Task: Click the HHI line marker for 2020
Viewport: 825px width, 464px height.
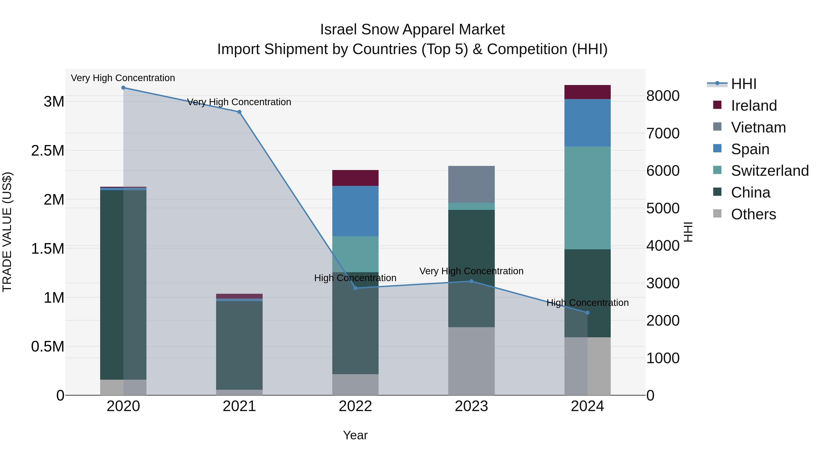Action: pyautogui.click(x=123, y=88)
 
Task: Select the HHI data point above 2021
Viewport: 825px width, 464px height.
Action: pyautogui.click(x=239, y=112)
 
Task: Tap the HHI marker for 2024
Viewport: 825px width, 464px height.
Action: pyautogui.click(x=587, y=313)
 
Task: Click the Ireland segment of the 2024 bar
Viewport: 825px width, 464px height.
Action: pyautogui.click(x=587, y=92)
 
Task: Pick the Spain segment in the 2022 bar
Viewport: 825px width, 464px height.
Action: pyautogui.click(x=355, y=211)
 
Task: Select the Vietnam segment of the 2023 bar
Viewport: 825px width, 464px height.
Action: pyautogui.click(x=471, y=184)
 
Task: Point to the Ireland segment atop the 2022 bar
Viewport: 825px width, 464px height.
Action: pyautogui.click(x=355, y=178)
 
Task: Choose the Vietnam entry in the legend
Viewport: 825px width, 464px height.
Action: pyautogui.click(x=758, y=127)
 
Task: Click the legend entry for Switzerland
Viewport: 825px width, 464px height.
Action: pyautogui.click(x=770, y=171)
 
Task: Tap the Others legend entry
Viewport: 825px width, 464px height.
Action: pyautogui.click(x=753, y=214)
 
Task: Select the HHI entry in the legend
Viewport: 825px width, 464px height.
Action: pyautogui.click(x=743, y=84)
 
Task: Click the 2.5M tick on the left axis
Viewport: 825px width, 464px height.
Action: pyautogui.click(x=48, y=151)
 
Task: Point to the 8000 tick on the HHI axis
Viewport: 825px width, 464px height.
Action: pyautogui.click(x=663, y=96)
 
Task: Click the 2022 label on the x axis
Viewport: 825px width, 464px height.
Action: pyautogui.click(x=355, y=406)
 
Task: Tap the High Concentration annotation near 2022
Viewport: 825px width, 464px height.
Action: pyautogui.click(x=355, y=278)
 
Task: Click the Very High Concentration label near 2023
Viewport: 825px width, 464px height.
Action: pyautogui.click(x=471, y=271)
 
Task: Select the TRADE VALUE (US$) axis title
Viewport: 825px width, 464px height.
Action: pyautogui.click(x=7, y=232)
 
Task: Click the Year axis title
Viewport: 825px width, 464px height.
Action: pyautogui.click(x=355, y=435)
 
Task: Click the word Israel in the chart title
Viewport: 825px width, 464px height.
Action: pyautogui.click(x=338, y=30)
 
